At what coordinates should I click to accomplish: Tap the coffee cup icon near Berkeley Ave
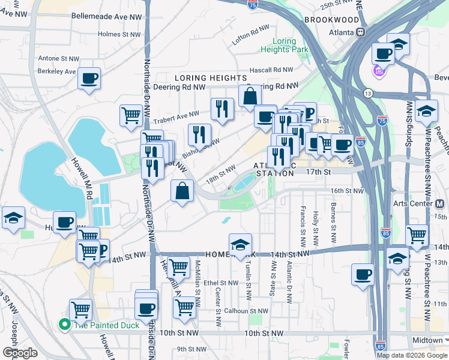pyautogui.click(x=89, y=78)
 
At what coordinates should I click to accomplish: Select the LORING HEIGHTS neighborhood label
pyautogui.click(x=211, y=78)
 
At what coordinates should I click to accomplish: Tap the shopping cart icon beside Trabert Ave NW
pyautogui.click(x=131, y=115)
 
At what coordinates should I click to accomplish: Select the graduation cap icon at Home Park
pyautogui.click(x=240, y=245)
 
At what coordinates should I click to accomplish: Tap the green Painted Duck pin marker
pyautogui.click(x=64, y=325)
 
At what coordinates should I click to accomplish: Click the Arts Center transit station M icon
pyautogui.click(x=444, y=204)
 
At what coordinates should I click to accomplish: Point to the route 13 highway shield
pyautogui.click(x=367, y=93)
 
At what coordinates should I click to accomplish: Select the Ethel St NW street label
pyautogui.click(x=221, y=283)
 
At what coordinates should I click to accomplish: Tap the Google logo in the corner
pyautogui.click(x=20, y=352)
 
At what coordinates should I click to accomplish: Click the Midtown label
pyautogui.click(x=427, y=340)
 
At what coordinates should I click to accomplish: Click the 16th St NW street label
pyautogui.click(x=347, y=191)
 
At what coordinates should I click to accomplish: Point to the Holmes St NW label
pyautogui.click(x=118, y=34)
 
